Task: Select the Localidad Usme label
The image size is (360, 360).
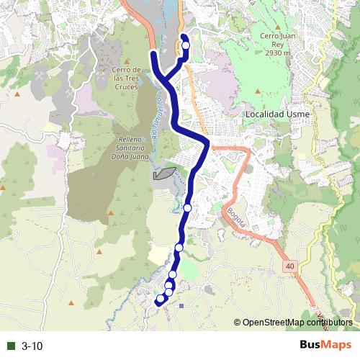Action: (277, 114)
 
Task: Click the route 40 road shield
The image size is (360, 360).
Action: (289, 266)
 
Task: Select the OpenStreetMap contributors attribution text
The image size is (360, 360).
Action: (297, 323)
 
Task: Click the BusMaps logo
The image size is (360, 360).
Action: (325, 346)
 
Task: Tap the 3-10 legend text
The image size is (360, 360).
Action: (32, 346)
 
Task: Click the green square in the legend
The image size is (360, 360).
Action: (11, 346)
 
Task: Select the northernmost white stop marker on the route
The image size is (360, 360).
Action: (186, 46)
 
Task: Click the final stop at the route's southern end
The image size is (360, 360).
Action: (160, 299)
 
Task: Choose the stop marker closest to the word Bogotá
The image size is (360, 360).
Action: (187, 207)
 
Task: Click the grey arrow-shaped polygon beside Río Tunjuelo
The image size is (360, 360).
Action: (164, 174)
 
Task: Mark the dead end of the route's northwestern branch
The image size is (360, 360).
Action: (153, 53)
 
